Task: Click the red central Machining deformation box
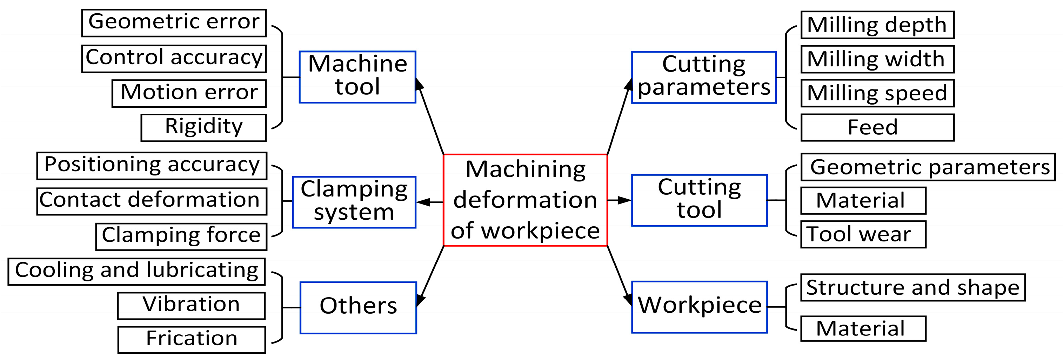click(525, 200)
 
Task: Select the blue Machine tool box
click(357, 77)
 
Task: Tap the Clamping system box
click(354, 202)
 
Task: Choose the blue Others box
click(358, 308)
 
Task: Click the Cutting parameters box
click(703, 77)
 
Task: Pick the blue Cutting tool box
click(699, 200)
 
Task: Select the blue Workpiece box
click(699, 307)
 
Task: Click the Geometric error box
click(174, 23)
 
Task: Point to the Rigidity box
click(203, 128)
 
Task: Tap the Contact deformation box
click(152, 201)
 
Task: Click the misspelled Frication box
click(192, 340)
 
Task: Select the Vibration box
click(191, 306)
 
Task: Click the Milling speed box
click(877, 93)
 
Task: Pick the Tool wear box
click(863, 234)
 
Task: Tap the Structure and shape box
click(912, 287)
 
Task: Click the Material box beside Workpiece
click(863, 329)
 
